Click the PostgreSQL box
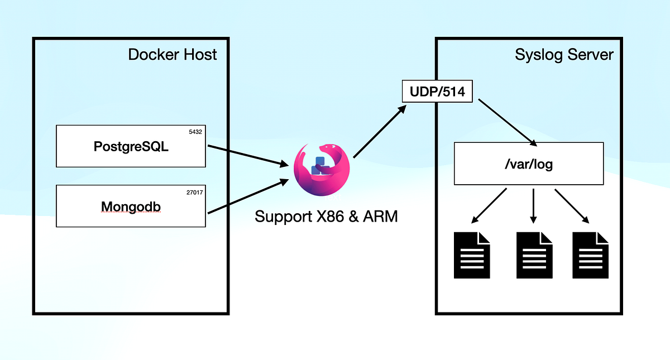tap(131, 146)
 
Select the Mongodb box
tap(131, 207)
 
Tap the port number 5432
tap(195, 132)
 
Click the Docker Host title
tap(173, 55)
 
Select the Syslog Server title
tap(564, 55)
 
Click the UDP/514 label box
tap(437, 92)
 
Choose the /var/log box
tap(529, 164)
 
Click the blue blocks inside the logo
tap(319, 166)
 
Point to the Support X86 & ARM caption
tap(326, 217)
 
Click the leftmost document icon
tap(472, 255)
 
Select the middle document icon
tap(534, 255)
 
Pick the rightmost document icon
tap(591, 255)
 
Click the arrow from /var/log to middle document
tap(534, 205)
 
